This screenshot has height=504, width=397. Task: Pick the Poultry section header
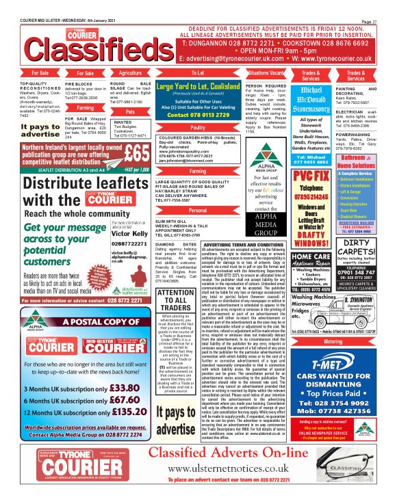198,127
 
